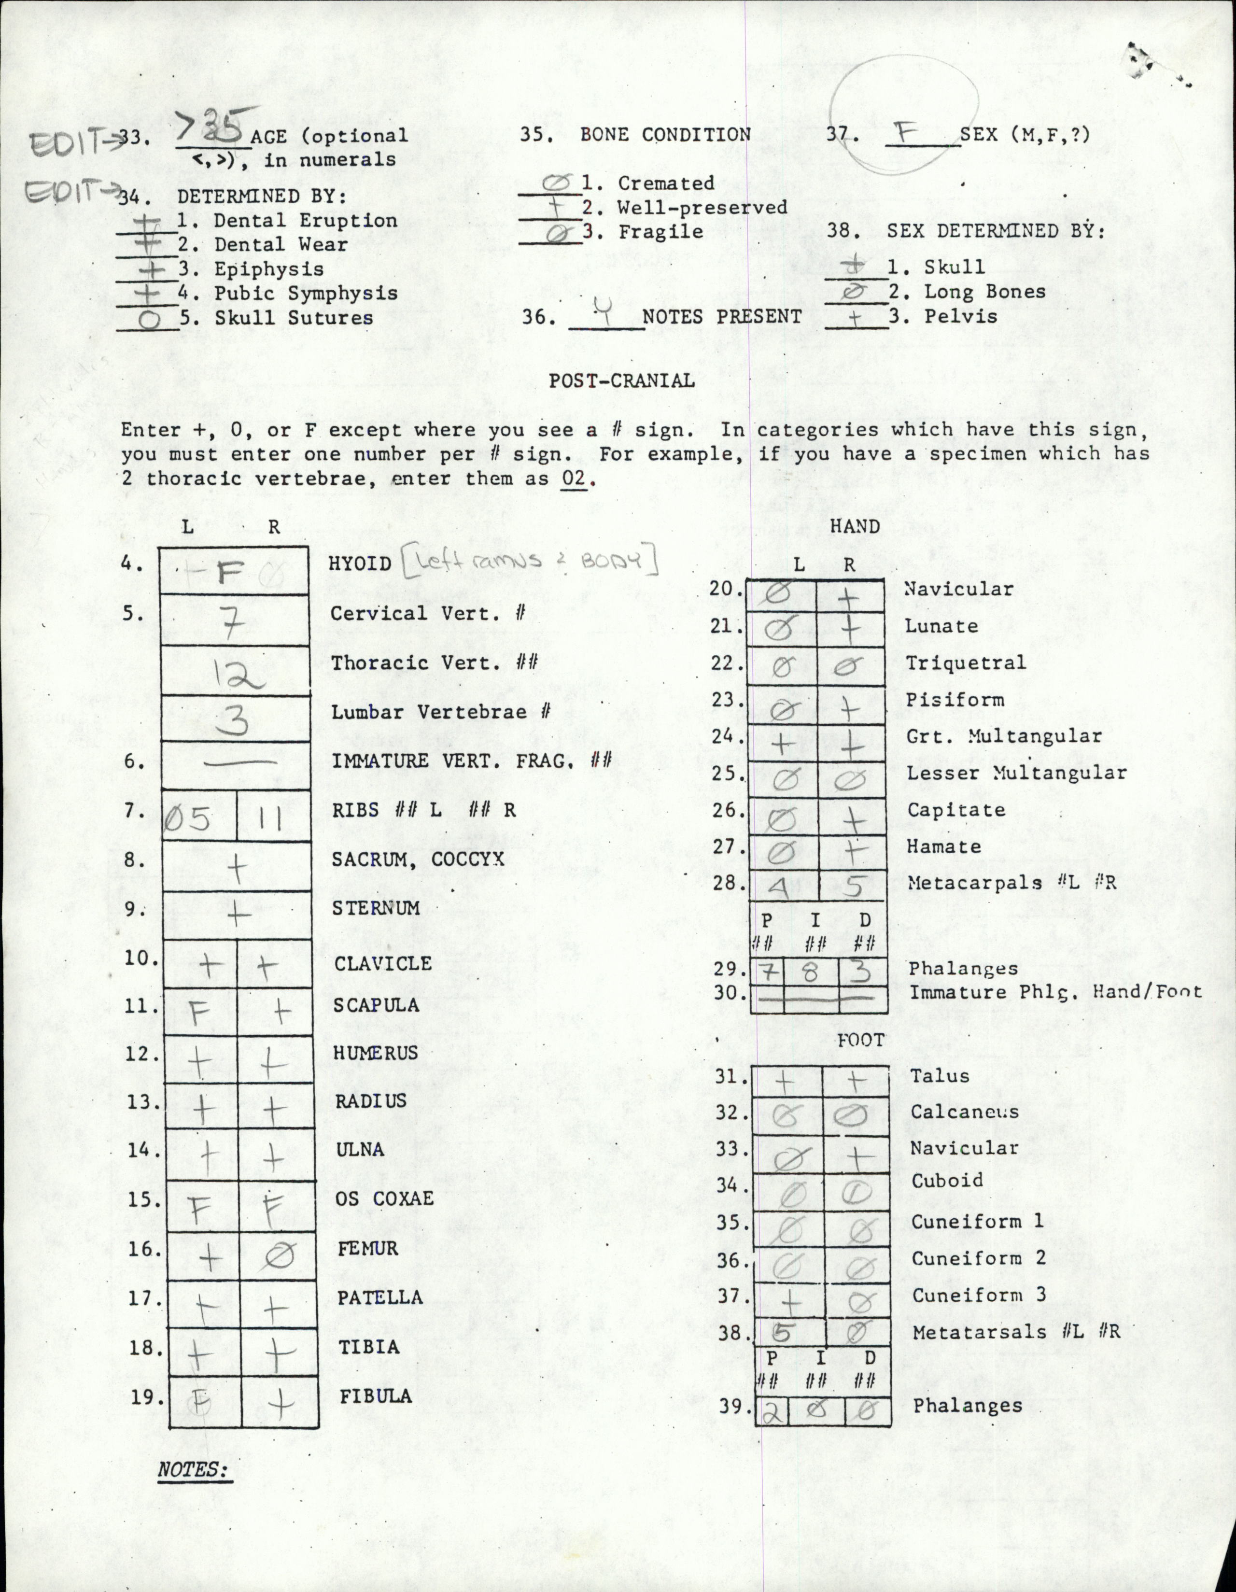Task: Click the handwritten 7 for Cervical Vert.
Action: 232,624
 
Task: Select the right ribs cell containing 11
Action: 273,818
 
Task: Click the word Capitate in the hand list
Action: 955,810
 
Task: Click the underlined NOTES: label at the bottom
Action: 193,1469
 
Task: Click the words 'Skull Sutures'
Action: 293,318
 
